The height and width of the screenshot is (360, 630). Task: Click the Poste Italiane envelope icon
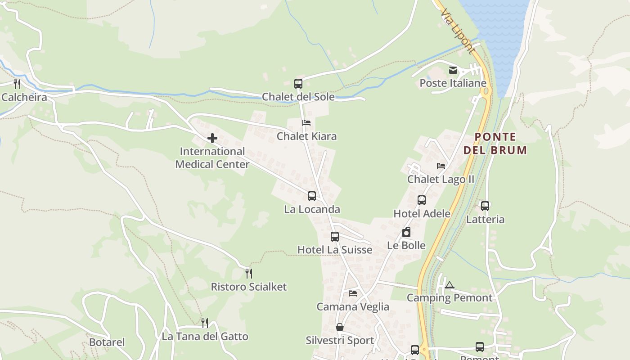point(453,70)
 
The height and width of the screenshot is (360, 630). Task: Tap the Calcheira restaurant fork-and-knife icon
point(17,84)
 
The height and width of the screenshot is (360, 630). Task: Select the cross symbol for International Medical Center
point(212,138)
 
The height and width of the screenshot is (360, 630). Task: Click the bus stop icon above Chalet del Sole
point(298,83)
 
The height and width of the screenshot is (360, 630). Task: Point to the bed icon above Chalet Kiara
point(306,123)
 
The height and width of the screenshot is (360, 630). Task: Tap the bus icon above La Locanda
point(312,196)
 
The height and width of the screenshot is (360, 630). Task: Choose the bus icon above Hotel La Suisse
point(335,237)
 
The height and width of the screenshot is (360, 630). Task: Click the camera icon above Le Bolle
point(406,232)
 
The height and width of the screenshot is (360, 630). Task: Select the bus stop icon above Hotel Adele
point(422,200)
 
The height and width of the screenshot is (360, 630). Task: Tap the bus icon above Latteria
point(485,206)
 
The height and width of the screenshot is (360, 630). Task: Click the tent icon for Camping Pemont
point(450,285)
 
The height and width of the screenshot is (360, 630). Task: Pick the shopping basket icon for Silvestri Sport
point(340,327)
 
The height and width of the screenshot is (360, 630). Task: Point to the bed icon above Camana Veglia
point(353,293)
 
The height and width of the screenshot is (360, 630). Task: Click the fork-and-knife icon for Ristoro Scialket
point(249,273)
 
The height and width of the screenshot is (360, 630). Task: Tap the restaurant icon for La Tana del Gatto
point(205,323)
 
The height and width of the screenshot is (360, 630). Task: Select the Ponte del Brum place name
point(495,144)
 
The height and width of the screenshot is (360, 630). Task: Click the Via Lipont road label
point(457,31)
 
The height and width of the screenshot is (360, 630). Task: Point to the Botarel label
point(107,342)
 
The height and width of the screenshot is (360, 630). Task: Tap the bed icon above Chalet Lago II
point(441,166)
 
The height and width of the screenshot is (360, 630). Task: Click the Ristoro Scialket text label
point(249,287)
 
